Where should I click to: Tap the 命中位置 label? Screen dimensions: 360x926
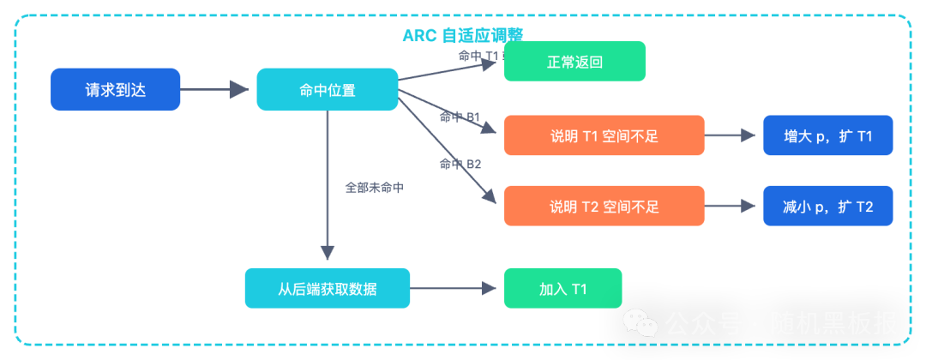tap(328, 91)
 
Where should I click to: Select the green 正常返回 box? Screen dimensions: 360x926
tap(574, 63)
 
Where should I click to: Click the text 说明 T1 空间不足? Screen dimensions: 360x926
tap(604, 136)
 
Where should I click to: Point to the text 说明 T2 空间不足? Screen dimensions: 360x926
tap(604, 207)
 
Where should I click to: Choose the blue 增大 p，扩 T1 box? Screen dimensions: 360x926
tap(828, 136)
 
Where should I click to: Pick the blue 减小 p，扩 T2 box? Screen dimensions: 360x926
tap(828, 207)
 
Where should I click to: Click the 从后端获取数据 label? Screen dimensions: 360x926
tap(328, 290)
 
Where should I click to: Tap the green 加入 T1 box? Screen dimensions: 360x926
tap(562, 290)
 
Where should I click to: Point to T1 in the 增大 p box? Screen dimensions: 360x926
tap(864, 136)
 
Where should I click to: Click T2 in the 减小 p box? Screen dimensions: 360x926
tap(864, 207)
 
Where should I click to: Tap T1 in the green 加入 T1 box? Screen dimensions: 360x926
tap(578, 290)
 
